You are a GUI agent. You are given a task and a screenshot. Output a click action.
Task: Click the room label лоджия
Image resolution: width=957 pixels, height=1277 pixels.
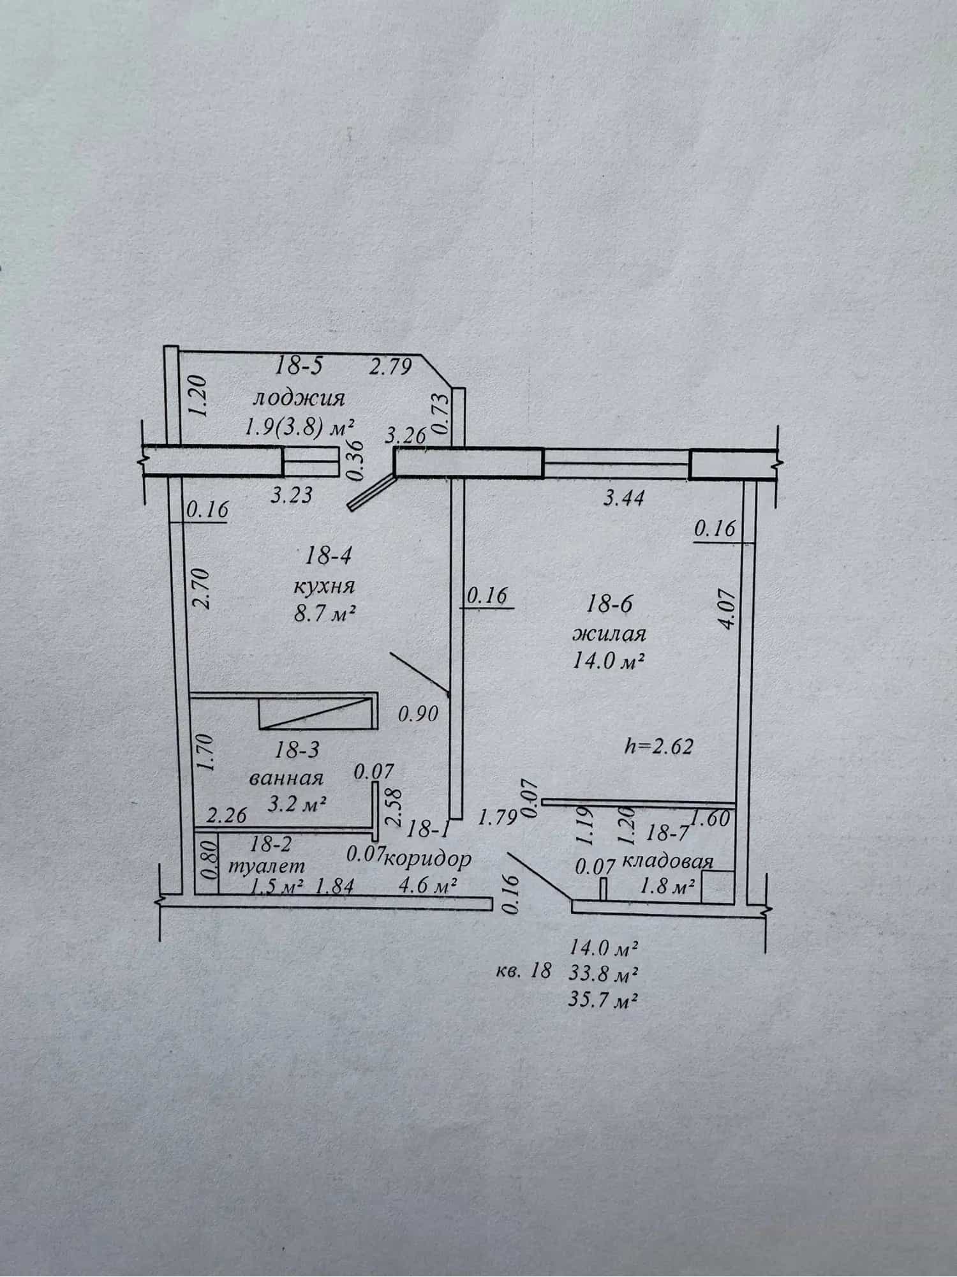tap(299, 399)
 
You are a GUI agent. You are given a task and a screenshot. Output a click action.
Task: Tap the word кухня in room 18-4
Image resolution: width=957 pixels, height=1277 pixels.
tap(324, 586)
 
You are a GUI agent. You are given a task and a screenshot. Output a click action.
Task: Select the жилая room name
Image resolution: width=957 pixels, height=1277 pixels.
tap(609, 634)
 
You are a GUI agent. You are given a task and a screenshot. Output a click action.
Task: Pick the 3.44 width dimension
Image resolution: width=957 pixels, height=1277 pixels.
tap(623, 497)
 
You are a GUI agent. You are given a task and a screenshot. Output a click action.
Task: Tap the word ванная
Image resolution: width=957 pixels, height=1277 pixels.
tap(286, 778)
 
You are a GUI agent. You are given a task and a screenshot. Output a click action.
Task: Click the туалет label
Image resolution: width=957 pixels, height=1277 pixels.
tap(267, 866)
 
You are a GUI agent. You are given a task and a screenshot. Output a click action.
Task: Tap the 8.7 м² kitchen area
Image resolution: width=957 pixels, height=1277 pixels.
tap(323, 614)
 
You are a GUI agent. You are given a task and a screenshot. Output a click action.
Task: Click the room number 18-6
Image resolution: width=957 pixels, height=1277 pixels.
tap(609, 604)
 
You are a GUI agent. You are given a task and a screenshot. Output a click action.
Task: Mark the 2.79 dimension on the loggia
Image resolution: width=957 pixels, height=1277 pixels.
tap(391, 367)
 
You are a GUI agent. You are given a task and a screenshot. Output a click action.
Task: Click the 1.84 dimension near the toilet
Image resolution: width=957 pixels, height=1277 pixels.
tap(334, 886)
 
